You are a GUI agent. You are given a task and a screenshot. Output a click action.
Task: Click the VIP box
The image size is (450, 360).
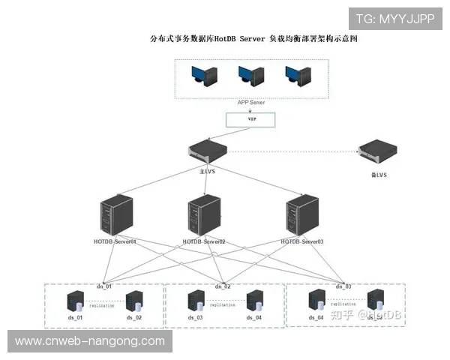(x=251, y=119)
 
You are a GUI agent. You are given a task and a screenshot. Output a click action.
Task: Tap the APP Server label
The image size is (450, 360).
(x=252, y=102)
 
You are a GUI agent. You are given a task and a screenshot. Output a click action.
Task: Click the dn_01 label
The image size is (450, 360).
(x=103, y=286)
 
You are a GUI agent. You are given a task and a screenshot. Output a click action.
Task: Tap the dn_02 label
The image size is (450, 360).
(x=223, y=286)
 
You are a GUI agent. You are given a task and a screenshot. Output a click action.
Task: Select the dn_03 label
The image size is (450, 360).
(x=343, y=286)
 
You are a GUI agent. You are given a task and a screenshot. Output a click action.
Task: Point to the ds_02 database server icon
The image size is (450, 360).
(x=135, y=302)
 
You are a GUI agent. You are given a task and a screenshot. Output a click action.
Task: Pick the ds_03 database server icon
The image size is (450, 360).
(x=195, y=302)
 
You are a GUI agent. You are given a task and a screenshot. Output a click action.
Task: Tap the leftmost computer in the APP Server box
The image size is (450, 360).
(x=203, y=75)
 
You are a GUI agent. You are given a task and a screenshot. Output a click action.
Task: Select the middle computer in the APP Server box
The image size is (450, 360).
(x=251, y=75)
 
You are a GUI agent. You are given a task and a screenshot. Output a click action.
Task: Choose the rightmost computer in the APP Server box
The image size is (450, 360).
(x=298, y=75)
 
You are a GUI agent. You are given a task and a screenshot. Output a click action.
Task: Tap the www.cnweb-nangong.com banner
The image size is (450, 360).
(x=90, y=341)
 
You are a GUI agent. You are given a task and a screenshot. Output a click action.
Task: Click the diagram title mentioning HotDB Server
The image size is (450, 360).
(x=254, y=38)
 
